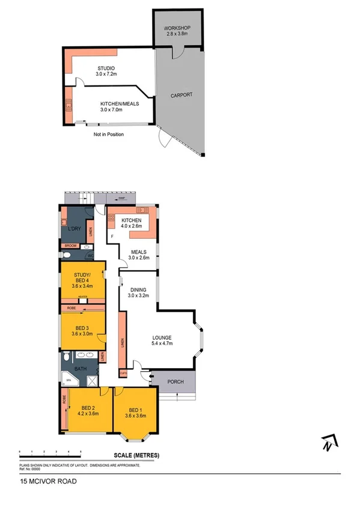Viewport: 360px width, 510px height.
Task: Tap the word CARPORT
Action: coord(181,96)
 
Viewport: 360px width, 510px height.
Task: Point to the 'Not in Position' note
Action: coord(108,134)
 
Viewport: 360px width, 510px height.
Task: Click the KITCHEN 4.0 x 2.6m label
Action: coord(131,223)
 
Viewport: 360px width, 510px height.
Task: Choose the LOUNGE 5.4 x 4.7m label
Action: coord(162,341)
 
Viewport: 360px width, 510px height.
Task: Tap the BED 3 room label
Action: coord(82,330)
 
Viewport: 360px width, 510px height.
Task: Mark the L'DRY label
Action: coord(75,229)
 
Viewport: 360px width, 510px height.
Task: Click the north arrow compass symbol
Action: coord(328,444)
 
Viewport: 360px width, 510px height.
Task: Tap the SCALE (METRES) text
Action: coord(136,456)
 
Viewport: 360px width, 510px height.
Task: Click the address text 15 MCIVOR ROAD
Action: coord(47,481)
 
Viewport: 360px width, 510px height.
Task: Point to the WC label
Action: coord(90,256)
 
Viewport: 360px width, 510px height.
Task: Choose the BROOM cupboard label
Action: coord(70,246)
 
